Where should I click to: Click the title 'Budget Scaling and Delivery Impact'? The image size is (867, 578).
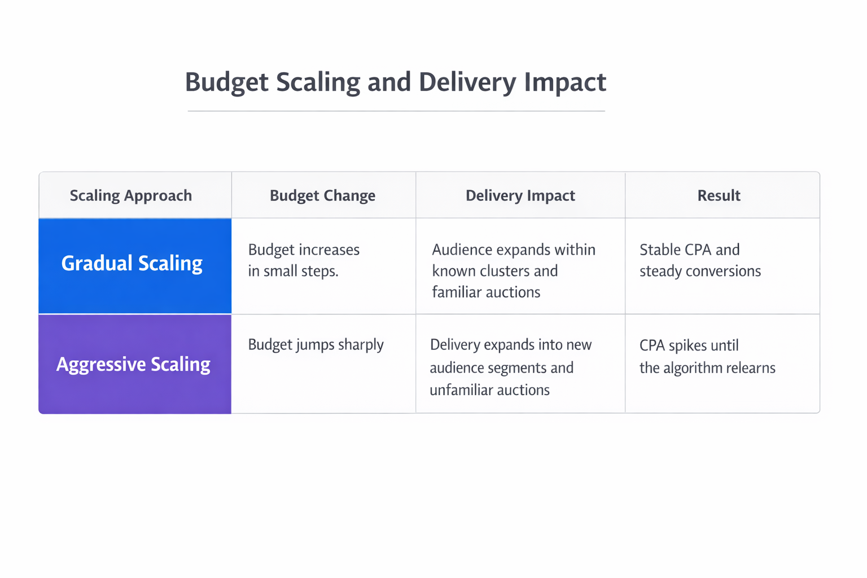coord(395,82)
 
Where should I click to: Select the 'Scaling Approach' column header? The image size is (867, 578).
coord(130,196)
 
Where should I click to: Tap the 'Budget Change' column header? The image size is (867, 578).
coord(322,196)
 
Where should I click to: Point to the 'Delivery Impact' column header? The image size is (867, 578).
coord(520,196)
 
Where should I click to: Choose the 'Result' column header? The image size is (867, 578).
coord(719,196)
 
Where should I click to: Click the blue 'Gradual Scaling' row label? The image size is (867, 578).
coord(132,264)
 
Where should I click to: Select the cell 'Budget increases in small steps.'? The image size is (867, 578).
coord(304,260)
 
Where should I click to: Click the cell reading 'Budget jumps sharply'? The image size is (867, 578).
coord(316,345)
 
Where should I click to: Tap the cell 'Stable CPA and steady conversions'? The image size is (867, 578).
coord(700,260)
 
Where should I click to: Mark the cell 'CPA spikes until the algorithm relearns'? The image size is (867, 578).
coord(707,357)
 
